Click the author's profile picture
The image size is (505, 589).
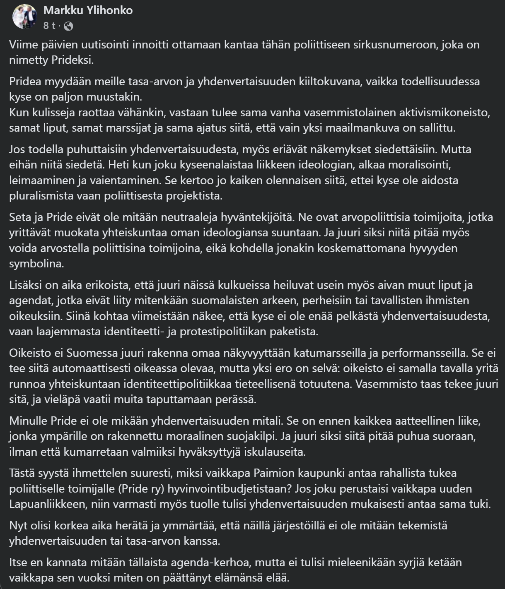point(25,17)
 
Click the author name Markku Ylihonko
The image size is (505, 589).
point(88,10)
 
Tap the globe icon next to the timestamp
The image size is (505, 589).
point(68,26)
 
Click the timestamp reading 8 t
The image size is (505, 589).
point(49,26)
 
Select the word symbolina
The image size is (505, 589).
point(36,264)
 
